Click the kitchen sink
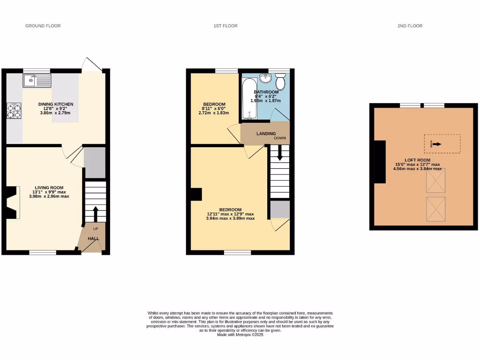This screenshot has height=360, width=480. point(36,81)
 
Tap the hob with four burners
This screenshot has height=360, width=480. point(14,111)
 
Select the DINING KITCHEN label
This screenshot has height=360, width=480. point(56,104)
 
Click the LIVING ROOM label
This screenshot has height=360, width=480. point(49,187)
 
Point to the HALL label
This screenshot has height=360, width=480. point(93,239)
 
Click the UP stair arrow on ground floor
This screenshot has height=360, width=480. point(96,214)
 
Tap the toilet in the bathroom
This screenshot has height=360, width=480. point(280,82)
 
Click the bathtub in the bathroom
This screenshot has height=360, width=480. point(247,99)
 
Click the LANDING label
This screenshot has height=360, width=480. point(266,134)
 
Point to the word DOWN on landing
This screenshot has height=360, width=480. point(280,138)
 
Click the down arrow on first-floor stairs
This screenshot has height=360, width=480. point(280,153)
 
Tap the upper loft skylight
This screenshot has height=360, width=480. point(435,180)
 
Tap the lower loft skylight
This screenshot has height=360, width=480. point(435,209)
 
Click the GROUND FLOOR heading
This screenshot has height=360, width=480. point(43,26)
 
